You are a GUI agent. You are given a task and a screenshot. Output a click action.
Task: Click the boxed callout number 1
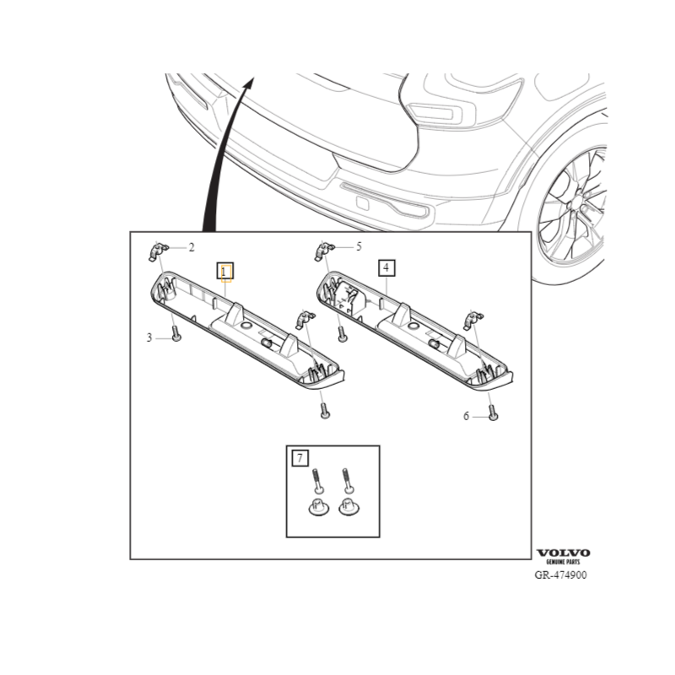pyautogui.click(x=225, y=271)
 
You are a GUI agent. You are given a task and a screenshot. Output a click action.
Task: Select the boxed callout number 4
pyautogui.click(x=386, y=269)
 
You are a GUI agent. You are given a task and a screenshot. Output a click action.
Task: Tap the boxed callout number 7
pyautogui.click(x=300, y=459)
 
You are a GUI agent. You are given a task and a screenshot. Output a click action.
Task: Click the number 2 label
pyautogui.click(x=192, y=247)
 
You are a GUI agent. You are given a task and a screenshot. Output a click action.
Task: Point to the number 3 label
pyautogui.click(x=148, y=337)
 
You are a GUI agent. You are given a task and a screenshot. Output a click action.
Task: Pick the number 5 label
pyautogui.click(x=359, y=246)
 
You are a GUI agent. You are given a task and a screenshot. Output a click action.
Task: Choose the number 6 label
pyautogui.click(x=466, y=416)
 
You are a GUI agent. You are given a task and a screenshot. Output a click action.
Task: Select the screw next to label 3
pyautogui.click(x=175, y=334)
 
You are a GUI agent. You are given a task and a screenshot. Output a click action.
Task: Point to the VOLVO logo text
pyautogui.click(x=563, y=553)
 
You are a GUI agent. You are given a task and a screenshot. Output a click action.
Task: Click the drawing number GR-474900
pyautogui.click(x=561, y=575)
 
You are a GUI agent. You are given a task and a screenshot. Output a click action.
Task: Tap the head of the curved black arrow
pyautogui.click(x=250, y=82)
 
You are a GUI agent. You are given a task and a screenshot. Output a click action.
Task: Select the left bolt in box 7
pyautogui.click(x=316, y=482)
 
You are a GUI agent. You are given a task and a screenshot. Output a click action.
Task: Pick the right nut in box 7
pyautogui.click(x=347, y=509)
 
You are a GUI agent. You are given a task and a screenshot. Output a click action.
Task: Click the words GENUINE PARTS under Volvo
pyautogui.click(x=563, y=563)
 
